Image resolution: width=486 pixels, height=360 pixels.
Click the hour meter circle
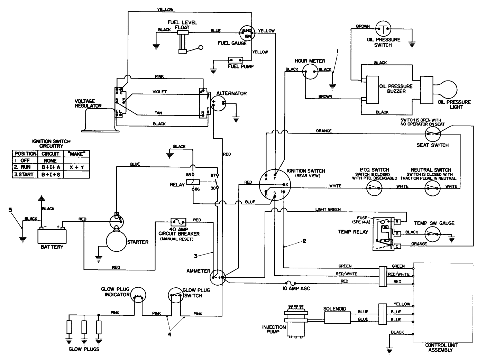pyautogui.click(x=310, y=72)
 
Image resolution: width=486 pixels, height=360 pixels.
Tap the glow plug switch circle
pyautogui.click(x=176, y=295)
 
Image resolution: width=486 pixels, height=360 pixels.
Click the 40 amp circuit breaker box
pyautogui.click(x=178, y=222)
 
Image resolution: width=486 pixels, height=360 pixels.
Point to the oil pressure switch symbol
pyautogui.click(x=383, y=29)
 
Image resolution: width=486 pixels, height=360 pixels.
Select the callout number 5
pyautogui.click(x=10, y=210)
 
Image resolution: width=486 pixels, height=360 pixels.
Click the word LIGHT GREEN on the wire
pyautogui.click(x=328, y=209)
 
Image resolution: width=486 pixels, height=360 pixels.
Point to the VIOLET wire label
pyautogui.click(x=159, y=92)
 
